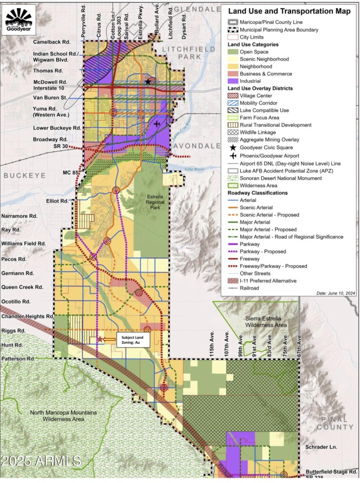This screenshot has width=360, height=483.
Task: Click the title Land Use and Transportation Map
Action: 288,12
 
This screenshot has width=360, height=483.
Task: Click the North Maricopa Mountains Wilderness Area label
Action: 63,415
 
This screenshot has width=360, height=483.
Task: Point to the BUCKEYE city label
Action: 22,176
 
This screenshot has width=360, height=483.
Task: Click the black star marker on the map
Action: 148,81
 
